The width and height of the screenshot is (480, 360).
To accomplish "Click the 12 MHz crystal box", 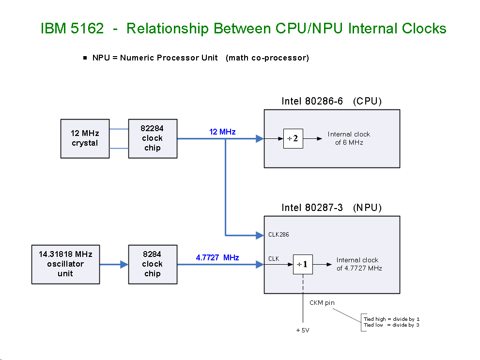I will coord(85,138).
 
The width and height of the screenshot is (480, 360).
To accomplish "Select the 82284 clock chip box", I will coord(153,138).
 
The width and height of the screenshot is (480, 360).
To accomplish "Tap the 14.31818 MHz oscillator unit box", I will coord(65,264).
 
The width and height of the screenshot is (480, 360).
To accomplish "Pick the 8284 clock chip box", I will coord(153,264).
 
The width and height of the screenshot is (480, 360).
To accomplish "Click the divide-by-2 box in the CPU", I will coord(293,139).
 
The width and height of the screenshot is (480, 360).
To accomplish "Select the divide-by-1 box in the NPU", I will coord(303,265).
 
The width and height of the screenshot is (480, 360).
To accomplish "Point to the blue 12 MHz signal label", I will coord(222,132).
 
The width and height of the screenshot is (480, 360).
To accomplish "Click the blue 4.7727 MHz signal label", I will coord(217,257).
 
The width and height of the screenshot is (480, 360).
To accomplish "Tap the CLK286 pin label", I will coord(279,235).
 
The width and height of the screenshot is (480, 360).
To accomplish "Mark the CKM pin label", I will coord(322,303).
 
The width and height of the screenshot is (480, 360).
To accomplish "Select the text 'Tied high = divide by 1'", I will coord(391,319).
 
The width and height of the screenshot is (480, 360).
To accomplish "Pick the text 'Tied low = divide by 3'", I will coord(391,325).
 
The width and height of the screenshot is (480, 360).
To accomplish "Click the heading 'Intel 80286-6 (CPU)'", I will coord(331,102).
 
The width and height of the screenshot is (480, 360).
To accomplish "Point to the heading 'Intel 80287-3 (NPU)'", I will coord(331,208).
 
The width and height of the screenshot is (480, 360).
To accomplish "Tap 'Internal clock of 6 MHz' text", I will coord(349,138).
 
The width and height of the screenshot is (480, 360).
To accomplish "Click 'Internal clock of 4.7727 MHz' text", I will coord(359,264).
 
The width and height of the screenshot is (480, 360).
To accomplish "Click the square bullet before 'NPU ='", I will coord(85,58).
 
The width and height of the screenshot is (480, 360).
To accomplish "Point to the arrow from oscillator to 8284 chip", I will coord(114,264).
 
